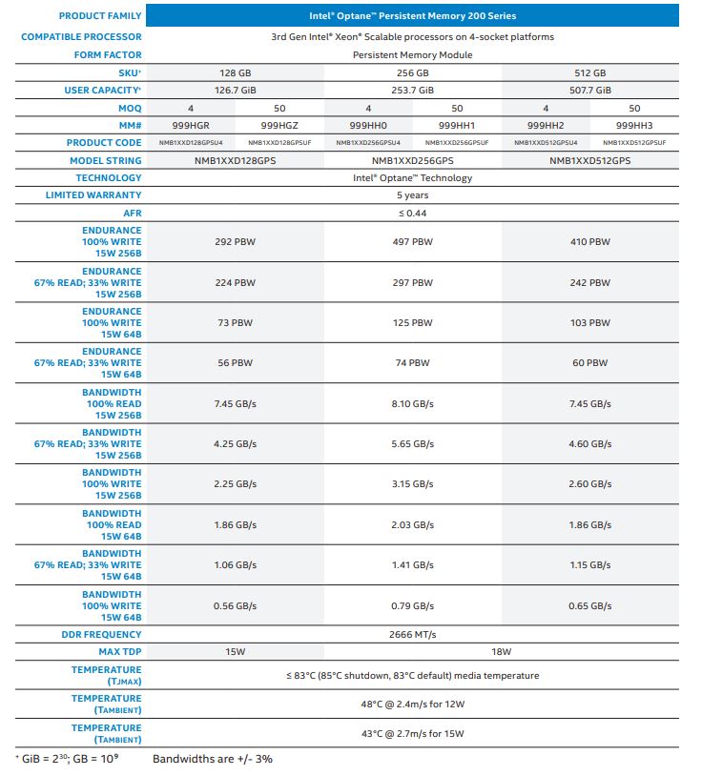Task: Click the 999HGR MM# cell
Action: (191, 125)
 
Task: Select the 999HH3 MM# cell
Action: (634, 125)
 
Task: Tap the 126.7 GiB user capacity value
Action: (236, 91)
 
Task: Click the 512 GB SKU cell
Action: (590, 73)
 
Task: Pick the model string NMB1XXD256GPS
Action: (412, 160)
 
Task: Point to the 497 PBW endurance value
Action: (412, 242)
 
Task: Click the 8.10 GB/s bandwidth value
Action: (412, 404)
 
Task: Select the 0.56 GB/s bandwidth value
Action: (236, 606)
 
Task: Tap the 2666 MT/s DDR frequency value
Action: (412, 634)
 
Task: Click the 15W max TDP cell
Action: (236, 652)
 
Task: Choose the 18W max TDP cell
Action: (502, 652)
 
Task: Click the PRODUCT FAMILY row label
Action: (100, 16)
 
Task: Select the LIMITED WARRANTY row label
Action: (93, 195)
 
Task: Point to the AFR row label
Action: (131, 213)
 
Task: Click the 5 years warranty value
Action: (412, 195)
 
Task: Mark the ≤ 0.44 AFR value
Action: (412, 213)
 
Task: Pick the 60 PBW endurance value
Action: (590, 363)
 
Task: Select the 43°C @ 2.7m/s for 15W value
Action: (412, 733)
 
